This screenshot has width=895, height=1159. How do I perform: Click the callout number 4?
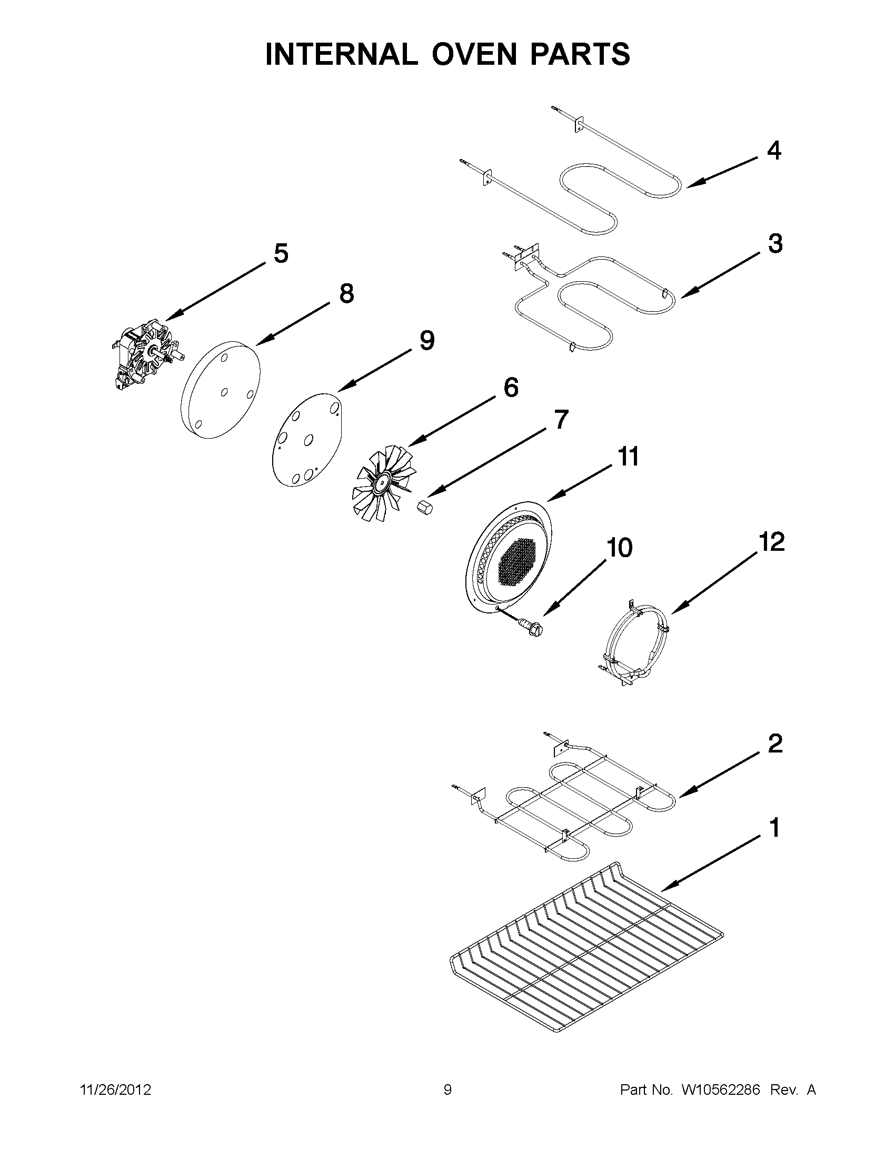[774, 151]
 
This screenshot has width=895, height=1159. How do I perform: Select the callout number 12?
[771, 542]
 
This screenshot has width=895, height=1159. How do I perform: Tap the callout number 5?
[281, 254]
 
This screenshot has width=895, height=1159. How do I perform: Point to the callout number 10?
[619, 548]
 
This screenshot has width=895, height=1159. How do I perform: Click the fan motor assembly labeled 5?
[146, 353]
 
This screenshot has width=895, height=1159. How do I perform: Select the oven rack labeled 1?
[583, 950]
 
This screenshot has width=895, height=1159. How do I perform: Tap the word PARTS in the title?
[583, 54]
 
